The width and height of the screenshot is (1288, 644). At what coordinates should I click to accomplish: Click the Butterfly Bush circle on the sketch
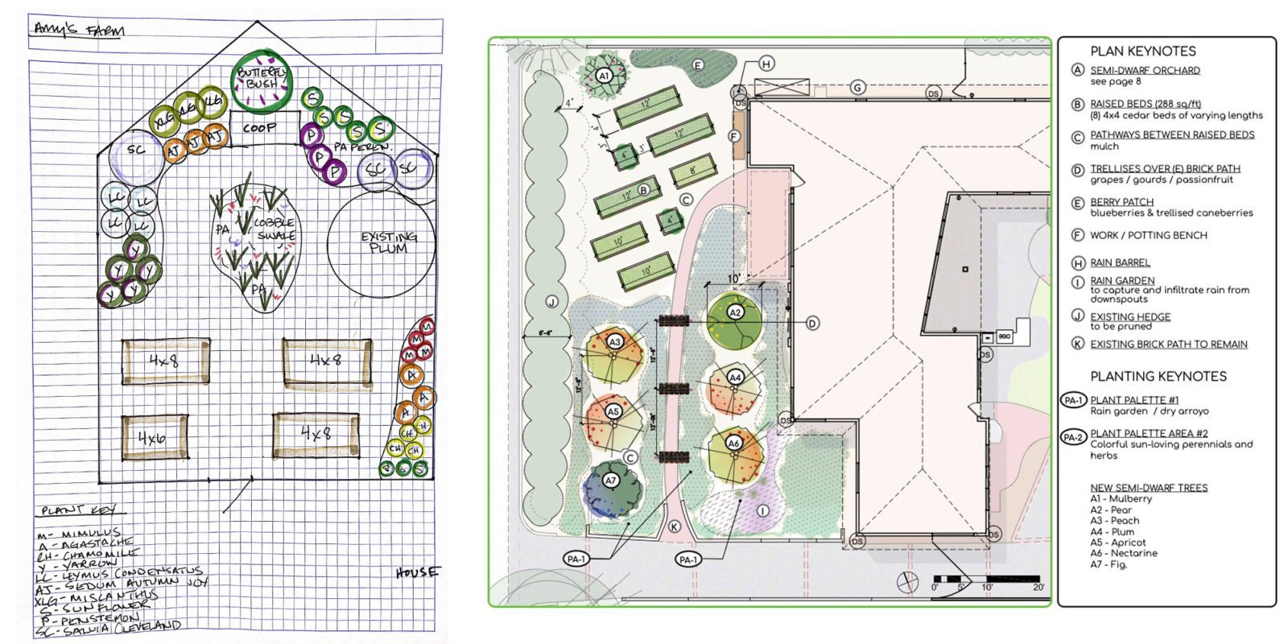(x=262, y=79)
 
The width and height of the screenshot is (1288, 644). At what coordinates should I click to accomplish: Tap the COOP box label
(x=260, y=128)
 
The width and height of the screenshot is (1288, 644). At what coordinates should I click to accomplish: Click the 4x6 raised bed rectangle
(x=154, y=437)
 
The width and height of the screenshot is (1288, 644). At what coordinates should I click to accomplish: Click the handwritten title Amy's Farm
(x=78, y=31)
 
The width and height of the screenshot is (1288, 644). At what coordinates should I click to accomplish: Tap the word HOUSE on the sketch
(x=418, y=572)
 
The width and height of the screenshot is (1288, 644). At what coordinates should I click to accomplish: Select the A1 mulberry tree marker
(x=604, y=76)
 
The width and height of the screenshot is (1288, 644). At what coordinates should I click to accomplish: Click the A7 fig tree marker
(x=611, y=481)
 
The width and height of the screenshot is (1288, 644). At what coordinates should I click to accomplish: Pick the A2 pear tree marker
(x=735, y=312)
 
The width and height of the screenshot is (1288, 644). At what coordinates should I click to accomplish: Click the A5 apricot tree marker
(x=613, y=412)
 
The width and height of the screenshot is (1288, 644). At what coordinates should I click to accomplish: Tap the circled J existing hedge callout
(x=551, y=302)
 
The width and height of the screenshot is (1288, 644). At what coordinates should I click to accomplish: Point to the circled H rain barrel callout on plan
(x=766, y=64)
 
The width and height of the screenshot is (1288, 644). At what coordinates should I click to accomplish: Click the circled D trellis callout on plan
(x=812, y=323)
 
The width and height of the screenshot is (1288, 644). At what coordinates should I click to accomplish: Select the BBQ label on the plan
(x=1004, y=336)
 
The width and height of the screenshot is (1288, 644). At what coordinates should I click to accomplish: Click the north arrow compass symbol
(x=908, y=580)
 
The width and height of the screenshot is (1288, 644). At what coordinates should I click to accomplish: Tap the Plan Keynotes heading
(x=1143, y=51)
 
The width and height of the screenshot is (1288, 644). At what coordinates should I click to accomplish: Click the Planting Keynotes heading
(x=1158, y=376)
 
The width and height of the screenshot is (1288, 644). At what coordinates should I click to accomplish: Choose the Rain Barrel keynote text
(x=1120, y=262)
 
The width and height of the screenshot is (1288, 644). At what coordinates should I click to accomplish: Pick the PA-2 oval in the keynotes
(x=1073, y=437)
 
